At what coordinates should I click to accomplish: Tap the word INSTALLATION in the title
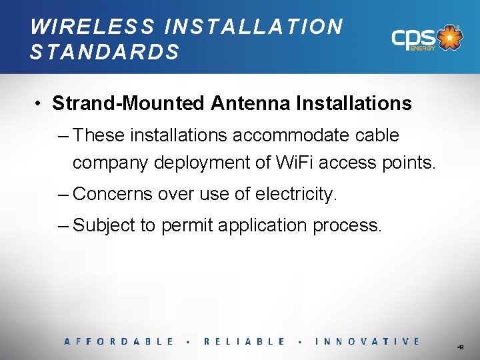click(254, 27)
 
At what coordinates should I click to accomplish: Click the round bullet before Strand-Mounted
click(41, 104)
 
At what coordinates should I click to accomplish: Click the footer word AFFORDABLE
click(119, 341)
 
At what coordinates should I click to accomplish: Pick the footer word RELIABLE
click(244, 341)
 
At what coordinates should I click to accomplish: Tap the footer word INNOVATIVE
click(367, 341)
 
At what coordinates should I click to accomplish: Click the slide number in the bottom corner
click(461, 347)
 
